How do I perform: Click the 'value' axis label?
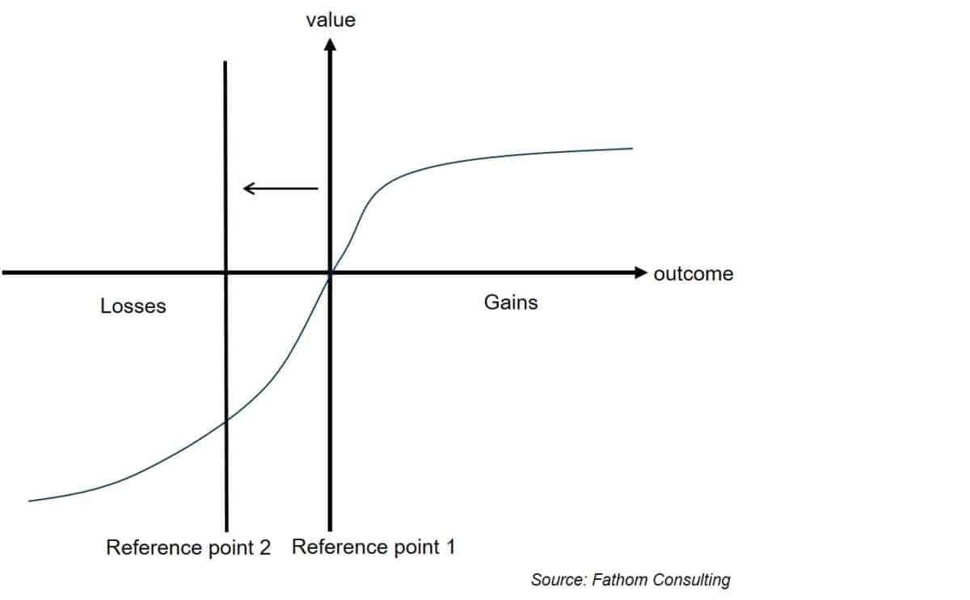331,20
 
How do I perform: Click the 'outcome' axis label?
694,274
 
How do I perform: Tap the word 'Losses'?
133,306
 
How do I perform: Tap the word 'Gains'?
511,302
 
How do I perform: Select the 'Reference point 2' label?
188,547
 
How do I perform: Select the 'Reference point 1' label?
373,547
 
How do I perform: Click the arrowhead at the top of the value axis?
330,44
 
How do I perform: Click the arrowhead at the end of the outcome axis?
641,273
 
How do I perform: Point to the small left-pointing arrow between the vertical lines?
280,188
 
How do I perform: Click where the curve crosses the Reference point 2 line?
226,420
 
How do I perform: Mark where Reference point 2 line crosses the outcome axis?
226,273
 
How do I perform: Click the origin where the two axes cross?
330,273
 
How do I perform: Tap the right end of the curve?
632,149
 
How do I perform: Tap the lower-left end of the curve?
29,501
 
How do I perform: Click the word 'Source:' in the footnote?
559,580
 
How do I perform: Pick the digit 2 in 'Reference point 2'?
265,547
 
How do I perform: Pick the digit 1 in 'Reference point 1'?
451,547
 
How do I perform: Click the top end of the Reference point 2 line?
226,61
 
